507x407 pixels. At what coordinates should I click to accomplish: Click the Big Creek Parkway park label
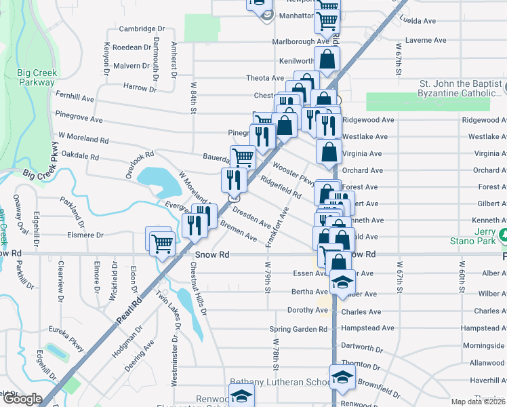pos(37,77)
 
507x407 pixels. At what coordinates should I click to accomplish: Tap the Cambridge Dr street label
pos(142,28)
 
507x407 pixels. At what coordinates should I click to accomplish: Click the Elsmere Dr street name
pos(85,235)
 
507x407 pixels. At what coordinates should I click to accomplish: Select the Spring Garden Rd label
pos(298,329)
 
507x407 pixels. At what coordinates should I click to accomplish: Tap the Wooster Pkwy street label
pos(293,174)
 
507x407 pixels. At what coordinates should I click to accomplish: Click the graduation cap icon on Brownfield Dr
pos(342,378)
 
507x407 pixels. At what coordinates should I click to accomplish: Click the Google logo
pos(22,399)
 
